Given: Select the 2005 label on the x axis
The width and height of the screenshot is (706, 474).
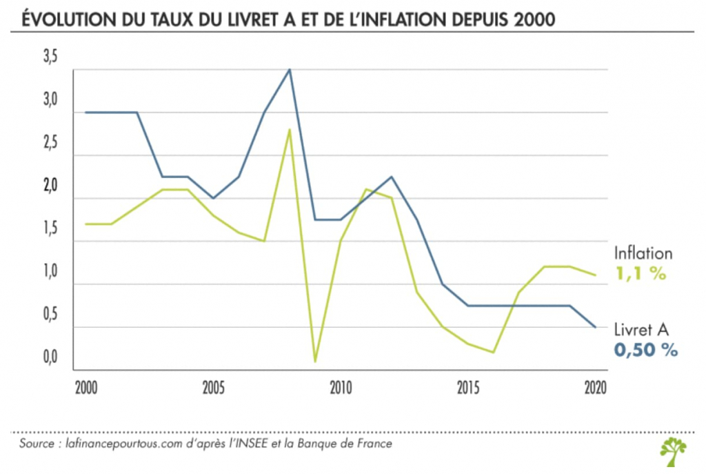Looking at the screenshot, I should [x=213, y=388].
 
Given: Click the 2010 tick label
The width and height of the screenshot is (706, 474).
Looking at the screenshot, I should [x=341, y=388].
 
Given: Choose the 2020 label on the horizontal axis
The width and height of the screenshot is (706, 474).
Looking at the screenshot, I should [x=594, y=388].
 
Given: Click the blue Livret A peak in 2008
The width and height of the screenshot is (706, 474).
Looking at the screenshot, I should [x=290, y=70].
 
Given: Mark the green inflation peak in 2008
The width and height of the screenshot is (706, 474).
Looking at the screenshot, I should [x=290, y=130].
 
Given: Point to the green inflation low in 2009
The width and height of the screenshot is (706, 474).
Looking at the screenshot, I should [x=315, y=361].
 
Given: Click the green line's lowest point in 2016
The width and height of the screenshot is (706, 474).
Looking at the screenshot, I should [x=494, y=352].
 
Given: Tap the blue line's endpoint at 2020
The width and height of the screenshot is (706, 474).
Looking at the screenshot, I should [x=596, y=327].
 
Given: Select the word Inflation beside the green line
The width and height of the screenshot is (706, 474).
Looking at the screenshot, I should [x=643, y=254].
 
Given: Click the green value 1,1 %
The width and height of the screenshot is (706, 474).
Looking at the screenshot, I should [x=640, y=274].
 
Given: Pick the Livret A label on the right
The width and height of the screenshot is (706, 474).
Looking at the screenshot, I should [x=641, y=330].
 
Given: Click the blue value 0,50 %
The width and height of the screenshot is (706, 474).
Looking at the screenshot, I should [x=645, y=350].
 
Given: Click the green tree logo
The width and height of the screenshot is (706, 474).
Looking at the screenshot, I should [x=673, y=451].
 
